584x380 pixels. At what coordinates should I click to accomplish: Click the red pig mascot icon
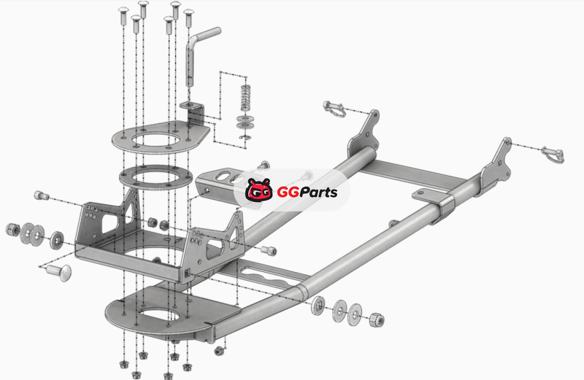[x=259, y=190]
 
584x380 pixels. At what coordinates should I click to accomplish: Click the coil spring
[x=245, y=98]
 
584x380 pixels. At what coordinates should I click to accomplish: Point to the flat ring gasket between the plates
[x=155, y=177]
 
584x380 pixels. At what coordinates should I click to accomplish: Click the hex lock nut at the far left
[x=12, y=229]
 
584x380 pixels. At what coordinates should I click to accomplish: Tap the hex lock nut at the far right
[x=377, y=320]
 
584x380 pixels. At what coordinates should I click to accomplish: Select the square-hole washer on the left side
[x=57, y=240]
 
